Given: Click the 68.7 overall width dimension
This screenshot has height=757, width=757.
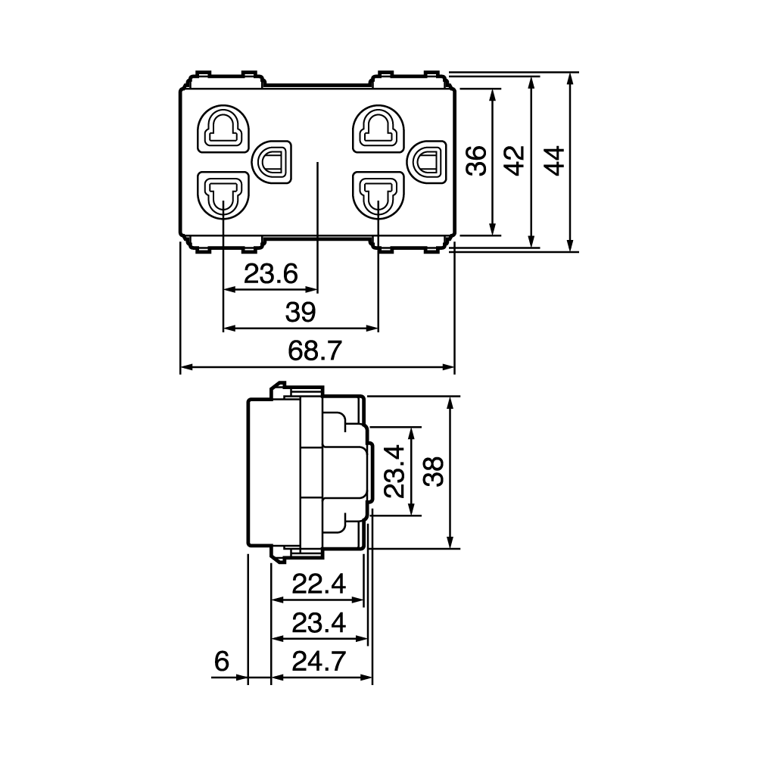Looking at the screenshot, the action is [315, 350].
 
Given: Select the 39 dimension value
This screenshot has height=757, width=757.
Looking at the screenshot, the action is [301, 312].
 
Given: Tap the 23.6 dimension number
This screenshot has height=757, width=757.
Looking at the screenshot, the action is [271, 274].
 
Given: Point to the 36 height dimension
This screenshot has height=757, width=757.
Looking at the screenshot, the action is [476, 160].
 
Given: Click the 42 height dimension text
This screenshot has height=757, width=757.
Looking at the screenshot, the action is [515, 160].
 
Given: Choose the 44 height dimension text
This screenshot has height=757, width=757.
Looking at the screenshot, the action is [554, 160].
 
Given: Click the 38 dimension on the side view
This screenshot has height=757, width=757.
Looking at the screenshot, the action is [434, 472].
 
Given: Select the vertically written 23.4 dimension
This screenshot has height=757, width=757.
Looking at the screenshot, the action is [394, 471].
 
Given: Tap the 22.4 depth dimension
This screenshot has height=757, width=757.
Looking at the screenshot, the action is [319, 584].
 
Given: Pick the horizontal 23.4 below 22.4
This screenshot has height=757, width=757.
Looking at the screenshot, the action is [319, 623].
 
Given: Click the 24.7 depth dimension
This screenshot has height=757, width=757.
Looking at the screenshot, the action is [319, 661].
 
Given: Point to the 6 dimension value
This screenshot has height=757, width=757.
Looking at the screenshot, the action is [221, 661].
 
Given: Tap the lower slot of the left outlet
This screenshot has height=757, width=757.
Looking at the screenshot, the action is [223, 195].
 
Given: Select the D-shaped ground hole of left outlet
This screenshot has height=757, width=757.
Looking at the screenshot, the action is [273, 162].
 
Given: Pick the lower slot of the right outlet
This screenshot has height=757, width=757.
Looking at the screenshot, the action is [378, 195].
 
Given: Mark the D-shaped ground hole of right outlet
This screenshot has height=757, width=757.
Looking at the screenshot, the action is [427, 162].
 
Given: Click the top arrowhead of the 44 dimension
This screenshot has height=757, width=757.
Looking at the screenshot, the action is [570, 77].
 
